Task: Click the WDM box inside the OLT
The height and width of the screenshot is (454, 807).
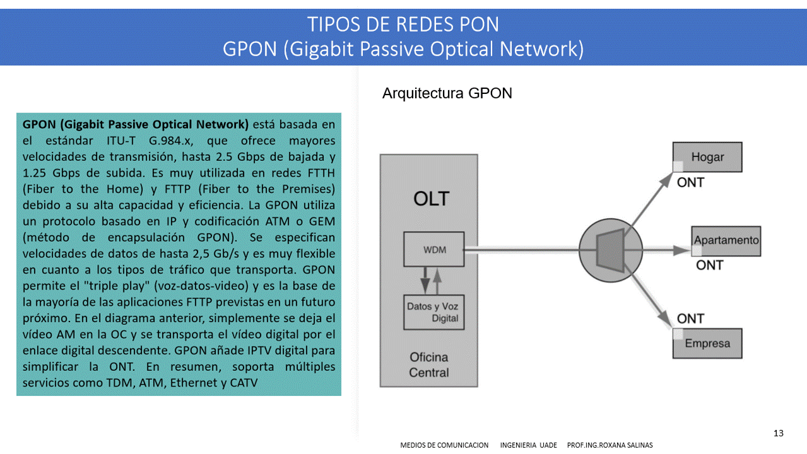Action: coord(434,250)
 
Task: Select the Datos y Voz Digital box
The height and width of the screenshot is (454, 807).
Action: coord(433,312)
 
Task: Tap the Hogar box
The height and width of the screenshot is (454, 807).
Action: coord(707,157)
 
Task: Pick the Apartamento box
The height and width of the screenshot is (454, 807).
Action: coord(726,240)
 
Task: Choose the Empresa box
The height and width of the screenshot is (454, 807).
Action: coord(707,344)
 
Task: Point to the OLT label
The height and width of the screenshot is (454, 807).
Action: coord(431,199)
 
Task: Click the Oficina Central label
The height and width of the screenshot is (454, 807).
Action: coord(429,365)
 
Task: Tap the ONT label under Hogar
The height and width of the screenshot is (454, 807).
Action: coord(690,183)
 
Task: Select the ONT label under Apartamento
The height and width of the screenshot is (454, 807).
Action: coord(709,265)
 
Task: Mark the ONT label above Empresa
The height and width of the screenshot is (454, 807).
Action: coord(690,319)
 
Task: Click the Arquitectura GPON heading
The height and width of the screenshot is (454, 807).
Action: coord(447,94)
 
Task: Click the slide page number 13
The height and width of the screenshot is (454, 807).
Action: coord(778,433)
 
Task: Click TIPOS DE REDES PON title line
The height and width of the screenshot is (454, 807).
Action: coord(403,25)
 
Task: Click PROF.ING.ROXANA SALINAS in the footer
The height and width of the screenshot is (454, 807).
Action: coord(610,445)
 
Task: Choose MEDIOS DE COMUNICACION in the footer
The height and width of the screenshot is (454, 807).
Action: coord(444,445)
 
